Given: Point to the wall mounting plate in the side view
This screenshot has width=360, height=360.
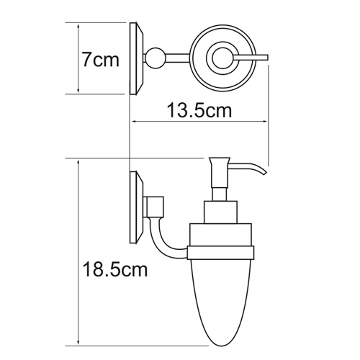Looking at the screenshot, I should click(135, 205).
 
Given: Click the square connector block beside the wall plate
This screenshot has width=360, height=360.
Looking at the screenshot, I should click(153, 207).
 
